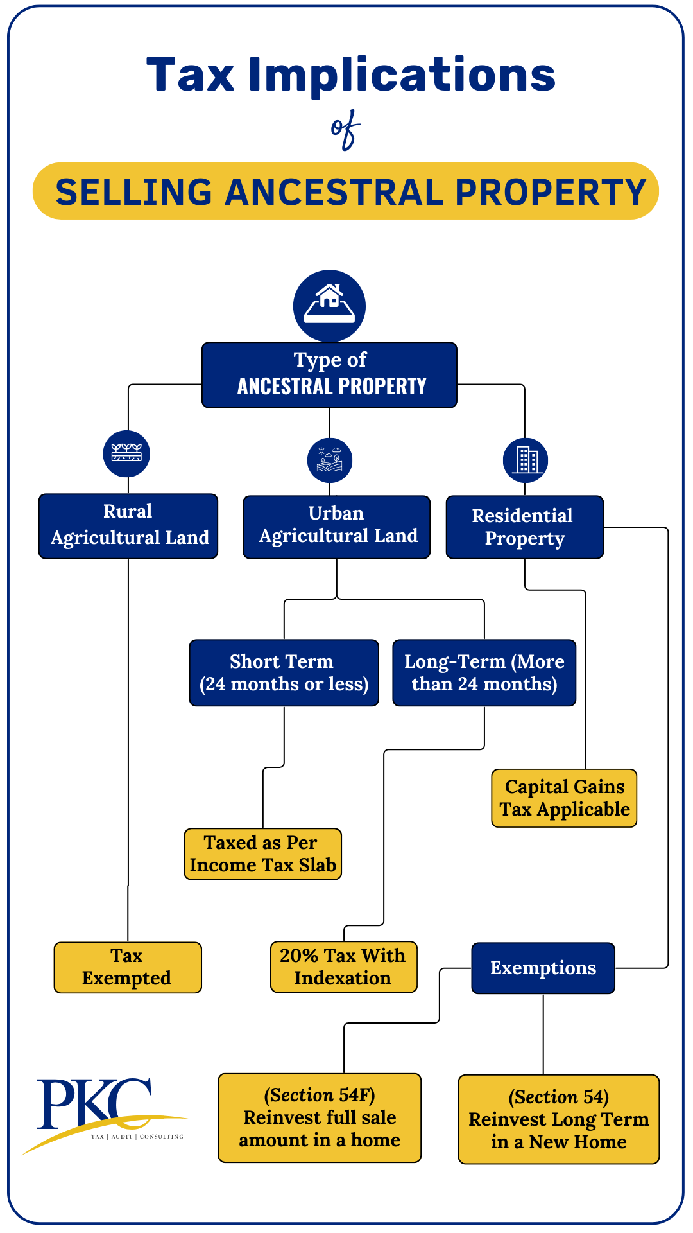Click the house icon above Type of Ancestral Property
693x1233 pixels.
[x=329, y=306]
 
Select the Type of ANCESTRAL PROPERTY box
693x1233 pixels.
[x=329, y=375]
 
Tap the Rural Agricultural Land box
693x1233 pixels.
[x=128, y=526]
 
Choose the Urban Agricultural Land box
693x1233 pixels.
[x=336, y=527]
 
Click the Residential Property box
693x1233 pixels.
[x=524, y=527]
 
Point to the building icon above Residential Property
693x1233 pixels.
[x=526, y=460]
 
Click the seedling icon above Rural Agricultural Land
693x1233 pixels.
[x=126, y=453]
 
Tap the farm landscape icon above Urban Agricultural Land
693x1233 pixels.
[x=330, y=460]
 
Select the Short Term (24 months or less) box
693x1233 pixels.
[x=284, y=672]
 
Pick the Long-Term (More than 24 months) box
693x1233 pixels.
[x=484, y=672]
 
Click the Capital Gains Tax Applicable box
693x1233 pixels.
[x=564, y=798]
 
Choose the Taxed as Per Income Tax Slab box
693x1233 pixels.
[x=262, y=853]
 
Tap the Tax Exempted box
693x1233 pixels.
[x=127, y=967]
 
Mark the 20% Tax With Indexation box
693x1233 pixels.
[x=343, y=966]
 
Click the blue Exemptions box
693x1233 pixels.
[x=543, y=968]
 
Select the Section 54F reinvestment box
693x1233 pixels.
[x=320, y=1117]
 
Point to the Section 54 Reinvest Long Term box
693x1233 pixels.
[x=558, y=1119]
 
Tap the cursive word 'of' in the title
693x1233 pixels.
[x=346, y=130]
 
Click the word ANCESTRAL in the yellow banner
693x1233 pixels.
[x=334, y=192]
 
